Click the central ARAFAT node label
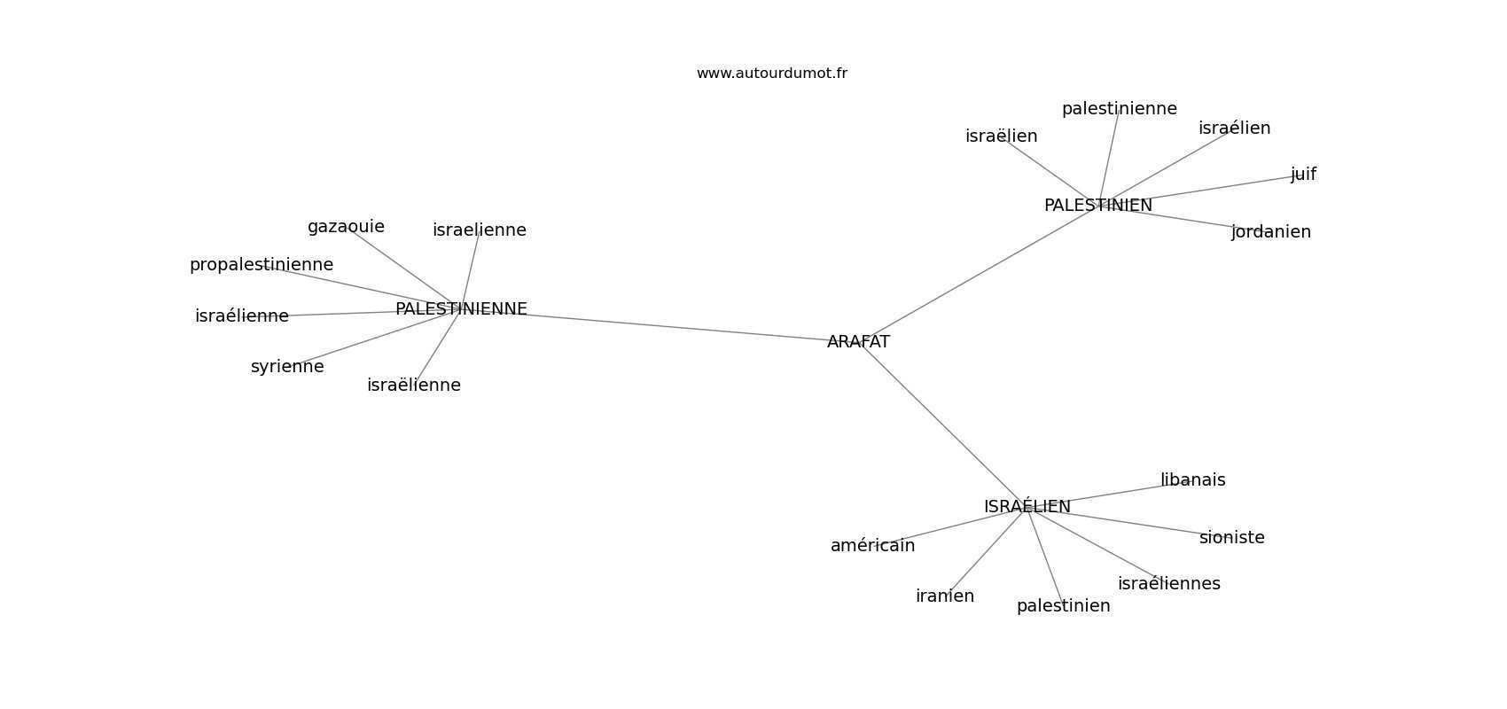pos(858,342)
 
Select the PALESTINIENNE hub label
pos(461,308)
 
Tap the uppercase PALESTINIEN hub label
pos(1098,205)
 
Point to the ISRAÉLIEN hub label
pos(1027,506)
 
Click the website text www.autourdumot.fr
pos(771,74)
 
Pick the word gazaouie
pos(346,227)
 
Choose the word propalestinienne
pos(261,265)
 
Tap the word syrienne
pos(287,367)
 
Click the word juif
pos(1303,175)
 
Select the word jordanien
pos(1271,232)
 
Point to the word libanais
pos(1193,479)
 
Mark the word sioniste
pos(1232,537)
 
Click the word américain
pos(872,546)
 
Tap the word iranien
pos(945,596)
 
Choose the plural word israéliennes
pos(1168,583)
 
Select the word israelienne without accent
pos(479,230)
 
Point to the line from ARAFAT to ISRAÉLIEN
pos(941,424)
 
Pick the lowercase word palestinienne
pos(1119,109)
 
